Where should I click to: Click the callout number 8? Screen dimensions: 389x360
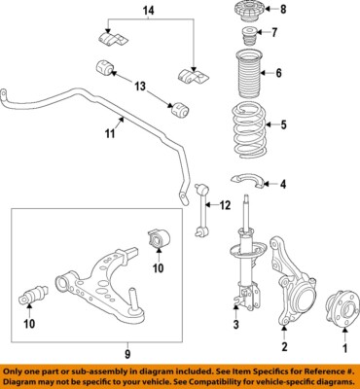284,11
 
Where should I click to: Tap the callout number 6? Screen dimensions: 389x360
279,73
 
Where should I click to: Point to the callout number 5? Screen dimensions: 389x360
284,124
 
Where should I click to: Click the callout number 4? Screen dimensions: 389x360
283,184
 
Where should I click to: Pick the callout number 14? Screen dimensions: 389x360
149,11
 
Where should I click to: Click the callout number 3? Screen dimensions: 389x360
236,325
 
